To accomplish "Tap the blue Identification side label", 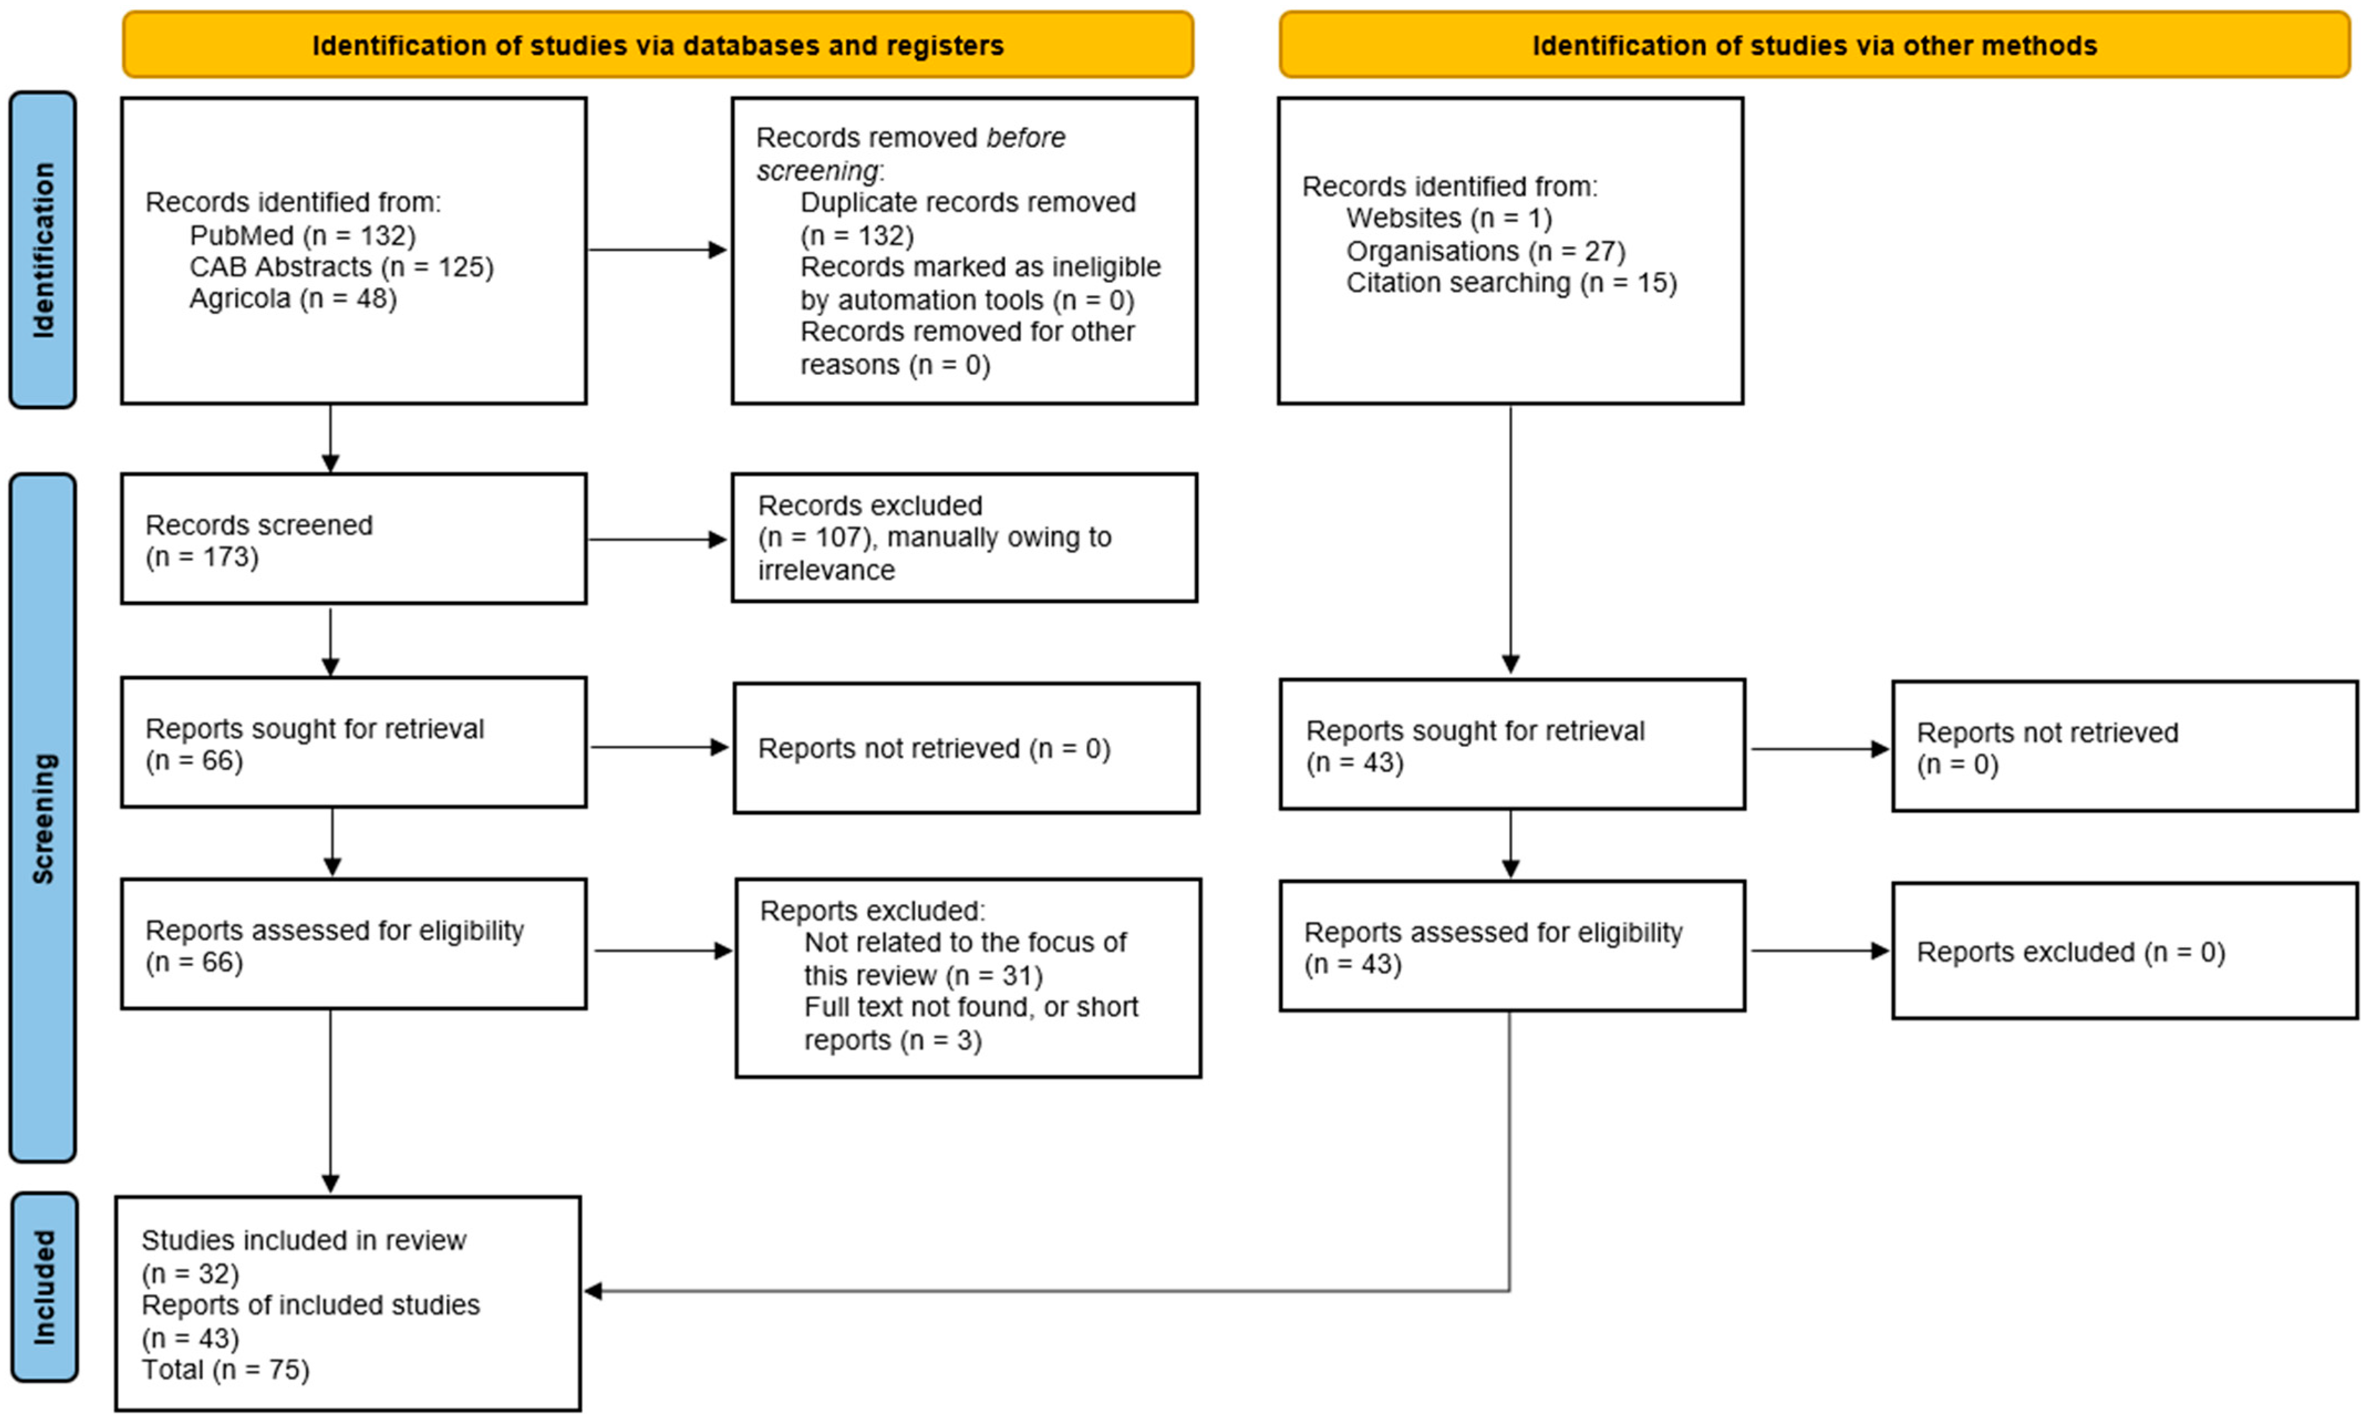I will click(43, 250).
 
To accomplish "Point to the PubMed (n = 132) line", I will click(302, 235).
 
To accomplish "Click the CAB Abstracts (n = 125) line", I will click(341, 267).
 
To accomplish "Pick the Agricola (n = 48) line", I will click(293, 299).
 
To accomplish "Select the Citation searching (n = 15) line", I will click(1510, 283).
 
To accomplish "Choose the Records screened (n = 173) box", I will click(354, 539).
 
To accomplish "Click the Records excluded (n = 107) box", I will click(964, 538).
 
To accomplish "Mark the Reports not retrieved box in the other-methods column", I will click(2124, 747).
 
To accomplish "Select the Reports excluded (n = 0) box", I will click(2124, 951).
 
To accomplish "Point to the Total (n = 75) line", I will click(226, 1370).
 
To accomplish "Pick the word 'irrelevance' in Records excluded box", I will click(826, 571).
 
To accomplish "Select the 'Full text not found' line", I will click(970, 1007).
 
